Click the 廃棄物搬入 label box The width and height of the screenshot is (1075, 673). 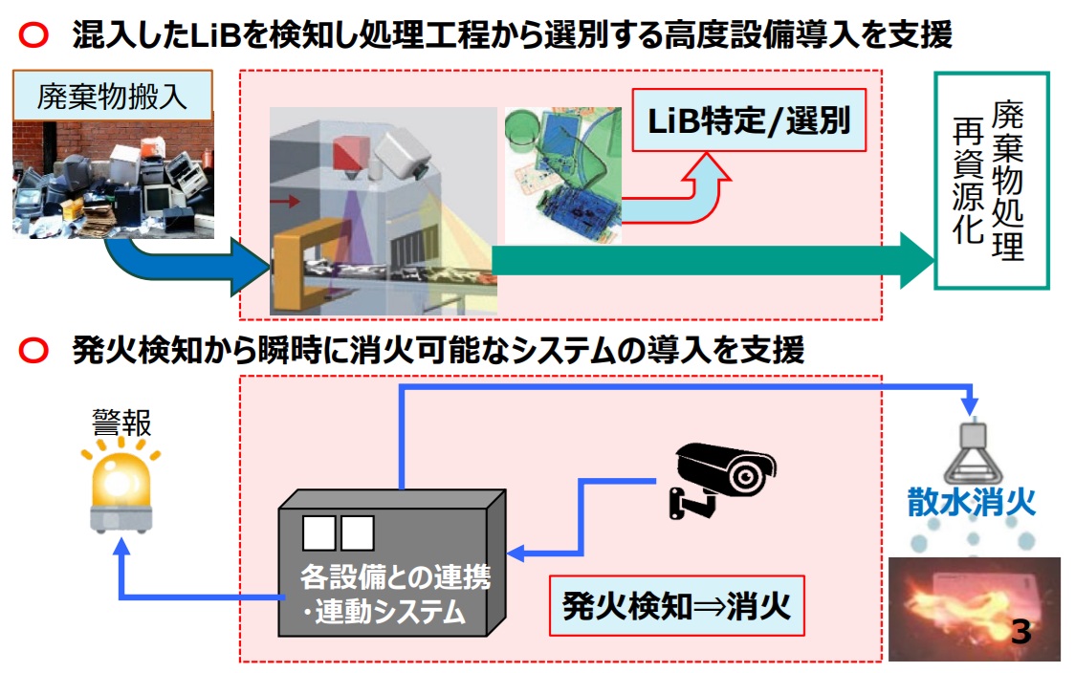point(112,97)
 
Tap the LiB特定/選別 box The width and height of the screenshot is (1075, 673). point(749,121)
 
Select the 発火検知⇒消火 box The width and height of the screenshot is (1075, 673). point(676,606)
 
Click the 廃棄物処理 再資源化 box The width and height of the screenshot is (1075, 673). point(991,181)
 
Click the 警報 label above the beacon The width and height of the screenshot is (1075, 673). point(121,421)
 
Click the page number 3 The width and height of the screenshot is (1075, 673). point(1020,632)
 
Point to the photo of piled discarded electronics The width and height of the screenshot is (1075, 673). point(112,182)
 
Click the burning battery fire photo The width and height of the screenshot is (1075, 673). point(974,608)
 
